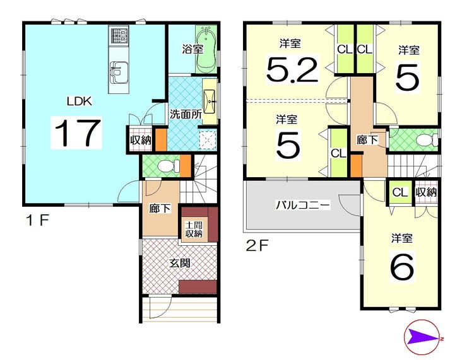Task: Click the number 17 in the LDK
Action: point(76,132)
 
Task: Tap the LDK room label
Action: point(80,102)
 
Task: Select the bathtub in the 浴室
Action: point(207,49)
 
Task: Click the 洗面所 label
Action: point(186,114)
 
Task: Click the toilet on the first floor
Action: point(168,166)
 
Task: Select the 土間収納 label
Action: point(194,229)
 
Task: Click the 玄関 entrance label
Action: point(180,263)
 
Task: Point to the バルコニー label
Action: point(302,205)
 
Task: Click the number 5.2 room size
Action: point(292,70)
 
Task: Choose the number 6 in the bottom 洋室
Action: point(403,267)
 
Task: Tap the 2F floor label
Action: point(257,246)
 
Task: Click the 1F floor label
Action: point(37,221)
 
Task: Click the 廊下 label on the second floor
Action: point(367,139)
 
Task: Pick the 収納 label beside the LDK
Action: point(141,140)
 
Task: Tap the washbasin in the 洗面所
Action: point(210,101)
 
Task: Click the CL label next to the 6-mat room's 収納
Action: point(399,192)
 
